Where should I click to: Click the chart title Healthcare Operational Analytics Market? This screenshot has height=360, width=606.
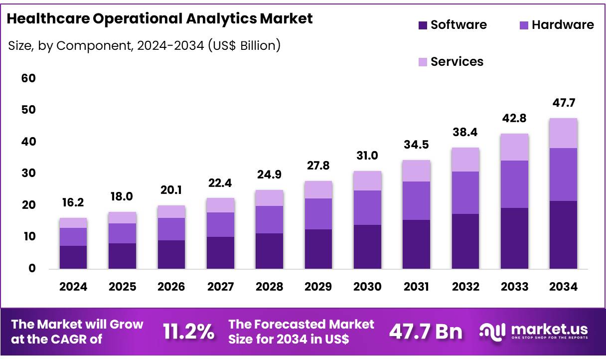click(159, 18)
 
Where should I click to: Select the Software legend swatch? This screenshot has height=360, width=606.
click(423, 25)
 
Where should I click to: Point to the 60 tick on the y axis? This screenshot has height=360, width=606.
click(28, 78)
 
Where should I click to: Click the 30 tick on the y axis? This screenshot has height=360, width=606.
click(28, 174)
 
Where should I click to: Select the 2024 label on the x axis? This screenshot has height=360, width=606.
click(73, 287)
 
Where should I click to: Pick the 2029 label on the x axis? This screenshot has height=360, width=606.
click(318, 287)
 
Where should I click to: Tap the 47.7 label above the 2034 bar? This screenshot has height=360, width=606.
click(563, 103)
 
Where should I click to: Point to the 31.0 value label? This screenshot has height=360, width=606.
click(367, 156)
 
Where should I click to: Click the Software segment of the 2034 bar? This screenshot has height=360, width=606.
click(563, 234)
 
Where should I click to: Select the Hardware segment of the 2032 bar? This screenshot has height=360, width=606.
click(465, 192)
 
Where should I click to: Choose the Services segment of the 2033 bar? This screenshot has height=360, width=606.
click(514, 147)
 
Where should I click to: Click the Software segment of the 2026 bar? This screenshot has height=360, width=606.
click(171, 254)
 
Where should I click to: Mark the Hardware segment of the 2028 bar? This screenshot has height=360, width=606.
click(269, 219)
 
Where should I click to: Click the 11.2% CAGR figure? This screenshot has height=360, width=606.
click(189, 331)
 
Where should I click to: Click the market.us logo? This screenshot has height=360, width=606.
click(533, 331)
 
